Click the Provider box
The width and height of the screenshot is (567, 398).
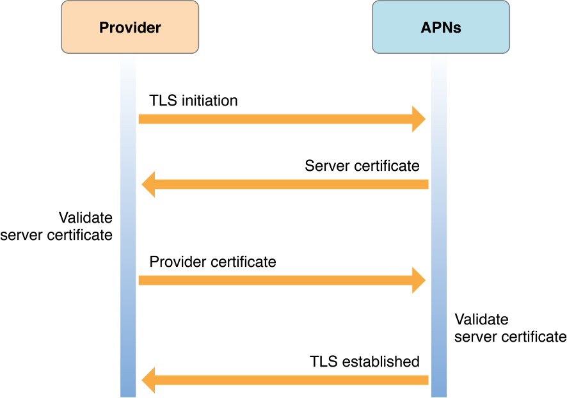click(130, 27)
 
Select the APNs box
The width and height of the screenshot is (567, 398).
click(441, 27)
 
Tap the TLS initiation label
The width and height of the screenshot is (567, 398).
click(193, 100)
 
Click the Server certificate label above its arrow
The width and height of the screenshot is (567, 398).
click(362, 166)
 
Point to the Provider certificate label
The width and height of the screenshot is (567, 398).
click(212, 262)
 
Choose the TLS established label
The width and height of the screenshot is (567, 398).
click(365, 361)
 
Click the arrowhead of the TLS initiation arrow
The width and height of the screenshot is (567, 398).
click(419, 119)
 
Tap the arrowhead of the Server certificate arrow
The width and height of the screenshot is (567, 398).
click(148, 184)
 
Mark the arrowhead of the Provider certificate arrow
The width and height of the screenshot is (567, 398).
click(419, 280)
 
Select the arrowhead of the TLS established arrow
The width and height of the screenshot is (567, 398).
click(148, 380)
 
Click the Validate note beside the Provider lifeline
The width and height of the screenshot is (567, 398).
click(58, 226)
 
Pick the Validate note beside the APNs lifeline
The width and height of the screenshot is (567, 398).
click(510, 328)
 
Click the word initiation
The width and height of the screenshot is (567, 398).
click(209, 100)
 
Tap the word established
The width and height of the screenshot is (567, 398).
click(382, 361)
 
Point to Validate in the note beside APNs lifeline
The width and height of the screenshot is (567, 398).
click(481, 319)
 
